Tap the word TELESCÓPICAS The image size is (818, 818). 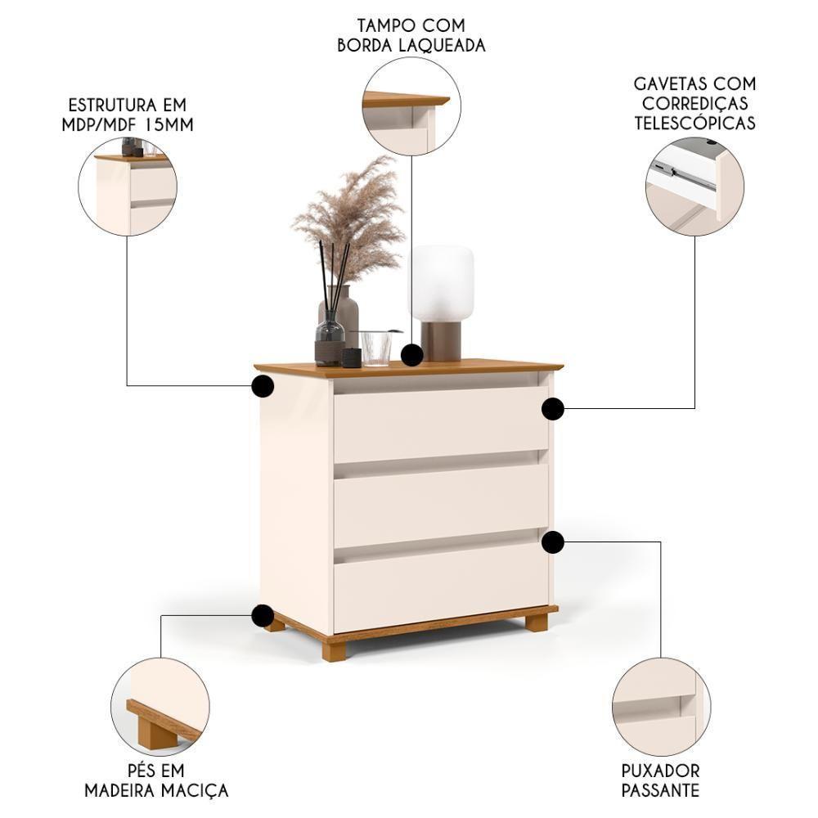(695, 124)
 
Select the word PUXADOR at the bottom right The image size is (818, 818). (660, 771)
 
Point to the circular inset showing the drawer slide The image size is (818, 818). (694, 187)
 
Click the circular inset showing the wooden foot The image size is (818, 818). (160, 706)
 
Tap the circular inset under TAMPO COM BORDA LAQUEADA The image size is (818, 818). (411, 106)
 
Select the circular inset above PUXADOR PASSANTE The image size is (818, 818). (661, 706)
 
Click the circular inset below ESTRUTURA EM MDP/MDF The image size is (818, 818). (128, 187)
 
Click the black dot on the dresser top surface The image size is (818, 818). (412, 355)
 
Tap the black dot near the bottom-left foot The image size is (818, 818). (263, 615)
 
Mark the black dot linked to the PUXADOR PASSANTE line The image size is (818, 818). (553, 542)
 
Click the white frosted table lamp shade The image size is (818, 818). (442, 282)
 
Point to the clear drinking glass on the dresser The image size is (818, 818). (375, 348)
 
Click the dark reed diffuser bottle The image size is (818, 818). (329, 342)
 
